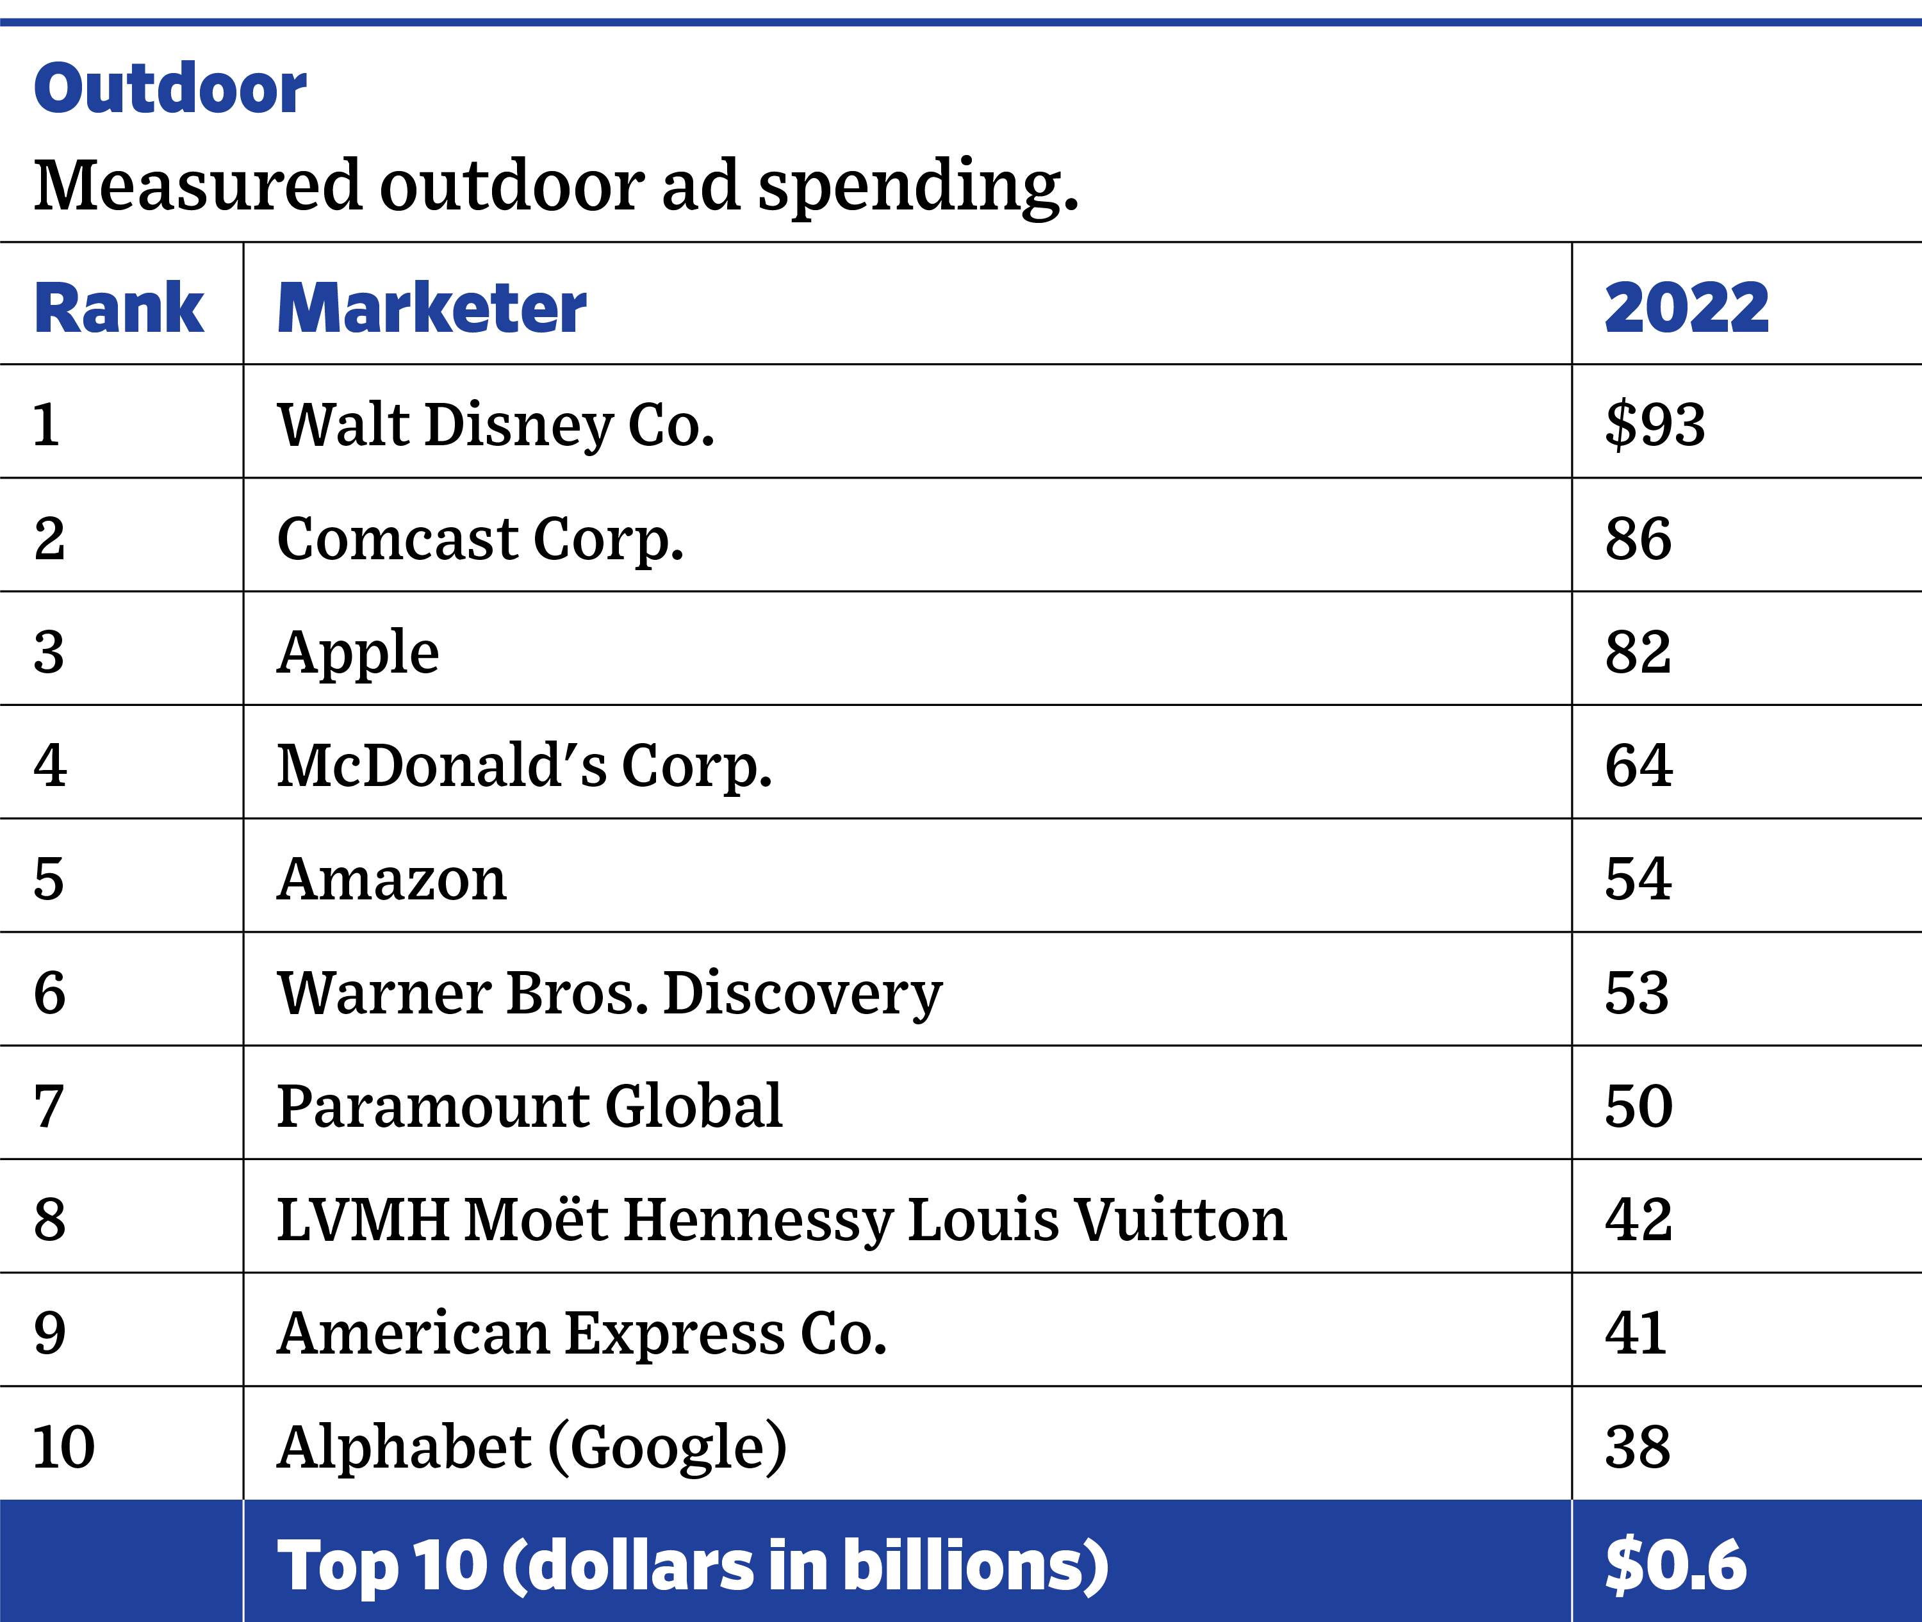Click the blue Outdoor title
pyautogui.click(x=170, y=88)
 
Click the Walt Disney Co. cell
pyautogui.click(x=496, y=425)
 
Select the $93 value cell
pyautogui.click(x=1655, y=425)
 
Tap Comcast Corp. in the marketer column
pyautogui.click(x=480, y=539)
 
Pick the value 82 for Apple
pyautogui.click(x=1638, y=652)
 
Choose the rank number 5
pyautogui.click(x=49, y=879)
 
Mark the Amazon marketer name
pyautogui.click(x=391, y=879)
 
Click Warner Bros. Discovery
pyautogui.click(x=610, y=993)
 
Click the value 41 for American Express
pyautogui.click(x=1635, y=1333)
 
